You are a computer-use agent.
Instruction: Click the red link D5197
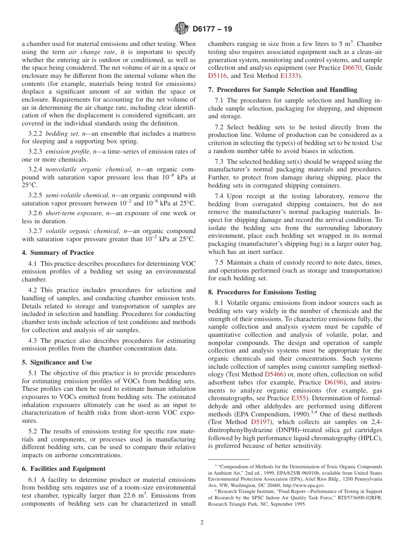click(x=261, y=422)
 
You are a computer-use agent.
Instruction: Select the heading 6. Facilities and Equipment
click(x=63, y=469)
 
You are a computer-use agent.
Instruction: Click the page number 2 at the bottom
click(x=202, y=523)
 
